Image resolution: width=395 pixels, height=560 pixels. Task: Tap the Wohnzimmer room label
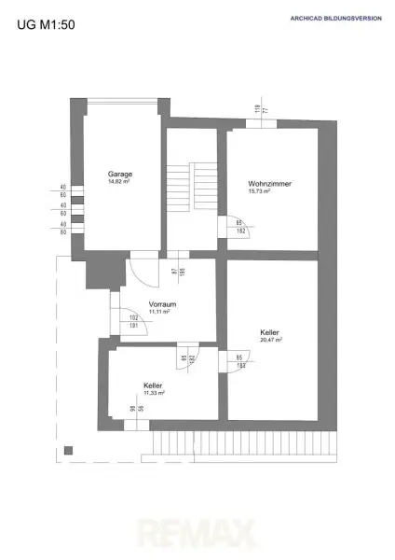click(x=270, y=184)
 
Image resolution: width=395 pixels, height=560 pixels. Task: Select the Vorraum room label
click(x=163, y=304)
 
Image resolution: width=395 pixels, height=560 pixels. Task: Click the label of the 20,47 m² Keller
click(x=272, y=331)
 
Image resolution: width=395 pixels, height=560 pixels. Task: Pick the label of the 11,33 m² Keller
click(x=154, y=385)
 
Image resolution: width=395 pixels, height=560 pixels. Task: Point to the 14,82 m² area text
click(x=118, y=183)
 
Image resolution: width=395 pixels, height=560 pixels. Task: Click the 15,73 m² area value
click(x=259, y=192)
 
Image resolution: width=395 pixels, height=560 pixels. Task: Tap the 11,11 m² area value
click(x=163, y=313)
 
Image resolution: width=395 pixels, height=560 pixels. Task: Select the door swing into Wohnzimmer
click(x=225, y=226)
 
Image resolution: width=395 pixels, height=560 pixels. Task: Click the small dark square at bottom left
click(x=68, y=451)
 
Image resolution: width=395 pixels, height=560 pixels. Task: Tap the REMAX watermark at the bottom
click(x=197, y=534)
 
